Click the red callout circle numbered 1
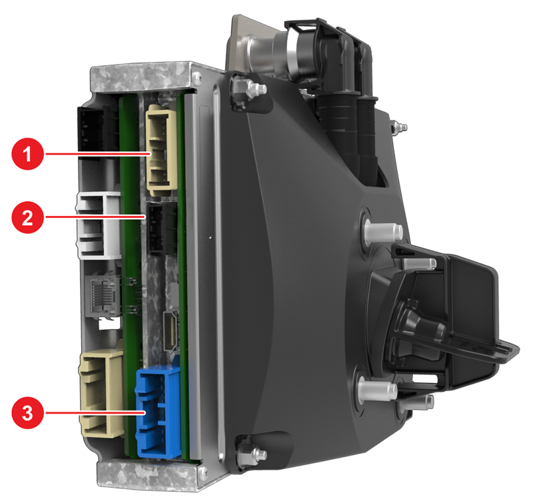(28, 154)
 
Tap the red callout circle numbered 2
(28, 217)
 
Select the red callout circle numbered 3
(28, 412)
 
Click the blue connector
(158, 412)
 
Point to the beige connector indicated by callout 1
(161, 150)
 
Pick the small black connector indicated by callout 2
(161, 229)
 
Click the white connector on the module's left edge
(97, 225)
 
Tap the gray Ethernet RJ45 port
(102, 294)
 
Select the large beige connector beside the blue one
(101, 393)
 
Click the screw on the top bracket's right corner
(196, 79)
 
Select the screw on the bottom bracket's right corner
(203, 471)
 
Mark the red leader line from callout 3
(95, 412)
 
